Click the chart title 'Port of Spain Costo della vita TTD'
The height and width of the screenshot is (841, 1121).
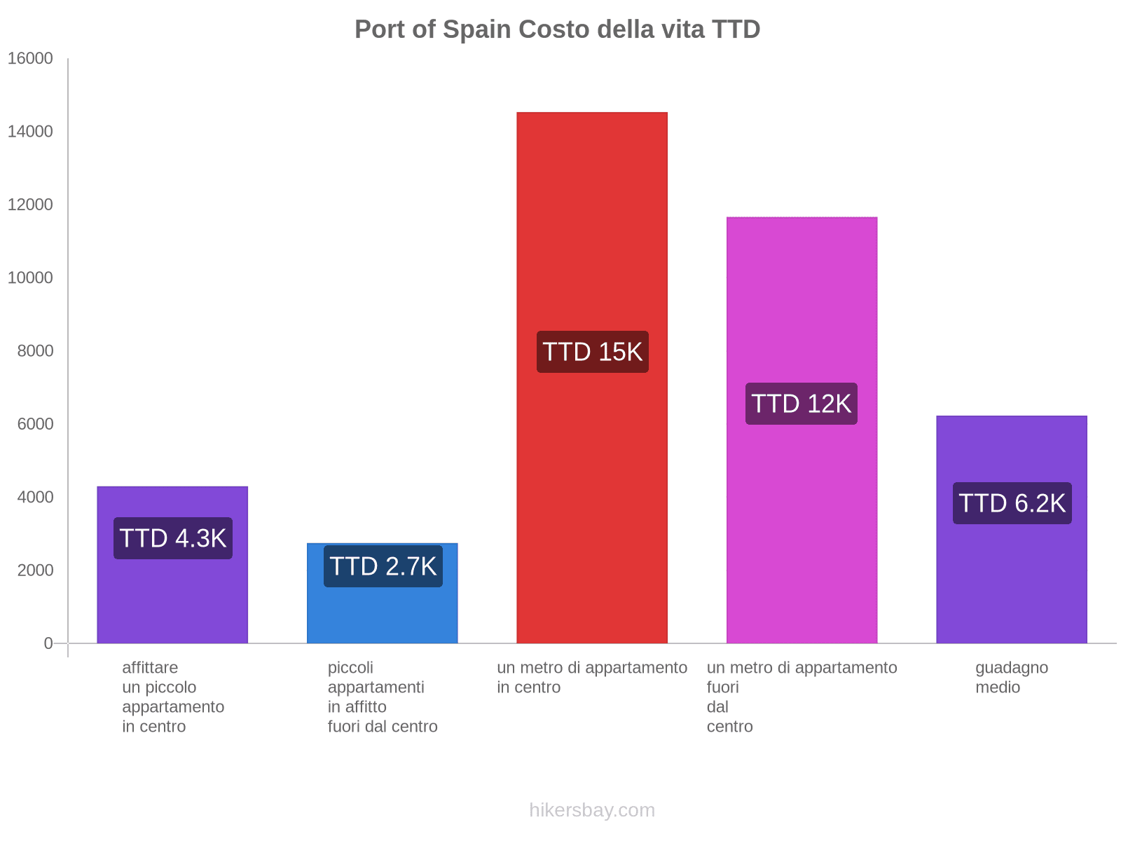(557, 29)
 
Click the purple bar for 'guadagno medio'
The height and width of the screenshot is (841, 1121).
(1011, 582)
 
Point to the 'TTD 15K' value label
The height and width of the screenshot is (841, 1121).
(593, 352)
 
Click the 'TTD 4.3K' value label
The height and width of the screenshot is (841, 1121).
(173, 538)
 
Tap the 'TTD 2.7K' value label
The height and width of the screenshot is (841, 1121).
(383, 566)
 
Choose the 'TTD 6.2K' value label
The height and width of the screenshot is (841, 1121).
(1012, 503)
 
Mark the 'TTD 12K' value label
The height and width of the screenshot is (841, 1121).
(802, 404)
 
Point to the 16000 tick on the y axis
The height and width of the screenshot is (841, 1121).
(30, 59)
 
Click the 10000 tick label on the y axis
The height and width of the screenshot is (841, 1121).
(30, 278)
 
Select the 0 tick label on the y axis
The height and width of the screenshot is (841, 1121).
(48, 643)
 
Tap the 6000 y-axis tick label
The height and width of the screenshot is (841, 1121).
(35, 424)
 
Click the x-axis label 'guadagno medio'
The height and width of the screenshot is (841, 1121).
(1011, 677)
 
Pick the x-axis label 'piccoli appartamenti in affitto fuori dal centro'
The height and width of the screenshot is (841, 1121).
(383, 697)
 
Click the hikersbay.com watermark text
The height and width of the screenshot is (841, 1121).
(592, 810)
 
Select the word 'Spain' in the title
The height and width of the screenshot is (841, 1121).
(477, 29)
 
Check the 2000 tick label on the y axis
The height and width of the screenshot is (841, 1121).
(35, 570)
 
